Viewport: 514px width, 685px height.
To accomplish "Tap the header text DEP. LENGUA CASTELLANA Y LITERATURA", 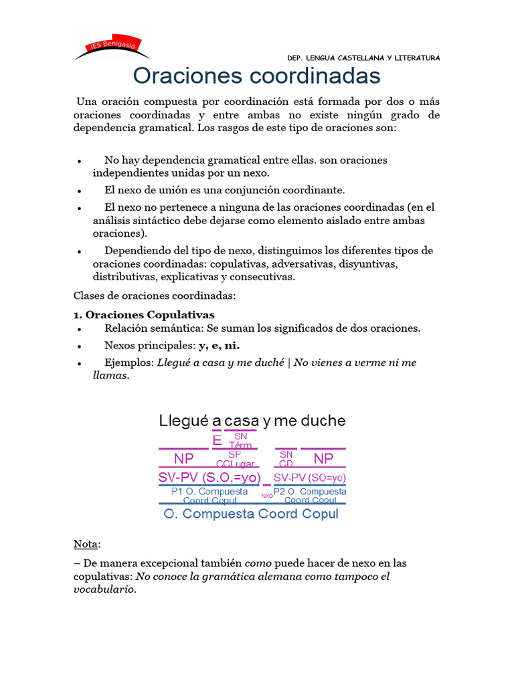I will tap(363, 58).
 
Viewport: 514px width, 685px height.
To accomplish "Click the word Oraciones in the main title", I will tap(188, 76).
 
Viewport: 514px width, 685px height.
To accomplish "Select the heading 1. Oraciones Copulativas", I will tap(144, 314).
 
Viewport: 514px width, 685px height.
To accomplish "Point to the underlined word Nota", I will tap(86, 545).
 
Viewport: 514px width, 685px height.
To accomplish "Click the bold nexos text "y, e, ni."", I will tap(219, 345).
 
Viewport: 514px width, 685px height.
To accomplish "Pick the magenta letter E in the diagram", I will tap(217, 441).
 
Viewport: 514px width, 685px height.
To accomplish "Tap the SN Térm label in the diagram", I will tap(240, 441).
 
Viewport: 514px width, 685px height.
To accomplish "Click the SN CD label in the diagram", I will tap(286, 459).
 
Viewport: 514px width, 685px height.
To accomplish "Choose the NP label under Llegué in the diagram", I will tap(183, 459).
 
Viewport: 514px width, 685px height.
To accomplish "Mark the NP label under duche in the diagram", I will tap(323, 459).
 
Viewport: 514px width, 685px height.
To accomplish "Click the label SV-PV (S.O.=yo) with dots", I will tap(209, 478).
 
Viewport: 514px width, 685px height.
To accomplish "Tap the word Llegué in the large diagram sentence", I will tap(183, 421).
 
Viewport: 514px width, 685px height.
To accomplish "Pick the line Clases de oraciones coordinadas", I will tap(154, 295).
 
